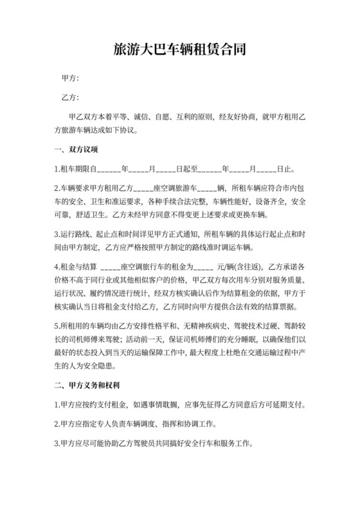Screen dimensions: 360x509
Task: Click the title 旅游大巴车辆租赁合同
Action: pos(180,49)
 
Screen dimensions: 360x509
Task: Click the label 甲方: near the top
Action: pos(69,78)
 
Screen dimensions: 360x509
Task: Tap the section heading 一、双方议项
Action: pos(76,150)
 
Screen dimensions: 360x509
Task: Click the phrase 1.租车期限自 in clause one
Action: pos(76,170)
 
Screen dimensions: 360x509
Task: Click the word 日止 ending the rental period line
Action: pos(286,170)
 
